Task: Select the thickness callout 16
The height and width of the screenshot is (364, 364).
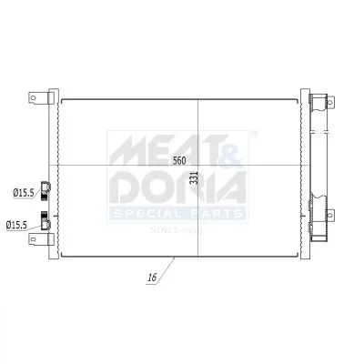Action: pos(150,276)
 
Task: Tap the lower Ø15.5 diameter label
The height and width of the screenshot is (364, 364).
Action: pos(19,225)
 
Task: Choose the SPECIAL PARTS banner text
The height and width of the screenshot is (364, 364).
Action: pos(177,213)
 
